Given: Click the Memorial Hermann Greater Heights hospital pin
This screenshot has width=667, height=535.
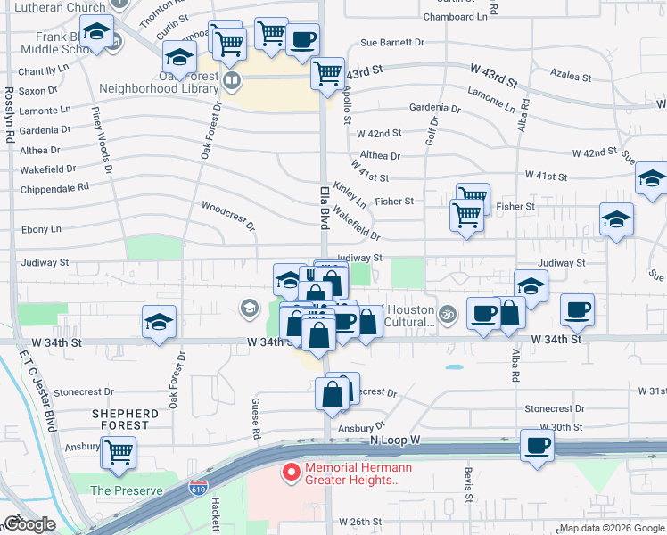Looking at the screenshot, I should pyautogui.click(x=290, y=473).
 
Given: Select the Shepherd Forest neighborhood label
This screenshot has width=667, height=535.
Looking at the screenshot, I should pyautogui.click(x=125, y=419).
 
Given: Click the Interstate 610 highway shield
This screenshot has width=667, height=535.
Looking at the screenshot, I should pyautogui.click(x=198, y=490).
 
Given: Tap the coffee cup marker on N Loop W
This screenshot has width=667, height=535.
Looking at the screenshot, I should pyautogui.click(x=537, y=445).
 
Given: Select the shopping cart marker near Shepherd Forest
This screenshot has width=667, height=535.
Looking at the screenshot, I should pyautogui.click(x=118, y=451).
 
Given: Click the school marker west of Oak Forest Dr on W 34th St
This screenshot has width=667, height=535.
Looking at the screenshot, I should pyautogui.click(x=159, y=321).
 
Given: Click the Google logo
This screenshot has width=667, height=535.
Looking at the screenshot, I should pyautogui.click(x=29, y=524).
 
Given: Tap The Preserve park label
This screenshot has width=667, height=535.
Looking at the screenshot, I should pyautogui.click(x=127, y=490).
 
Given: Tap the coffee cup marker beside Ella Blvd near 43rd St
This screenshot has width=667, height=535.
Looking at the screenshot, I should pyautogui.click(x=302, y=39).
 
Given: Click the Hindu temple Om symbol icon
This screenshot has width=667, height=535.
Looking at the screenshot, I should pyautogui.click(x=448, y=313).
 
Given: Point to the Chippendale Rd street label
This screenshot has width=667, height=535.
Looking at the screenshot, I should pyautogui.click(x=57, y=187).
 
